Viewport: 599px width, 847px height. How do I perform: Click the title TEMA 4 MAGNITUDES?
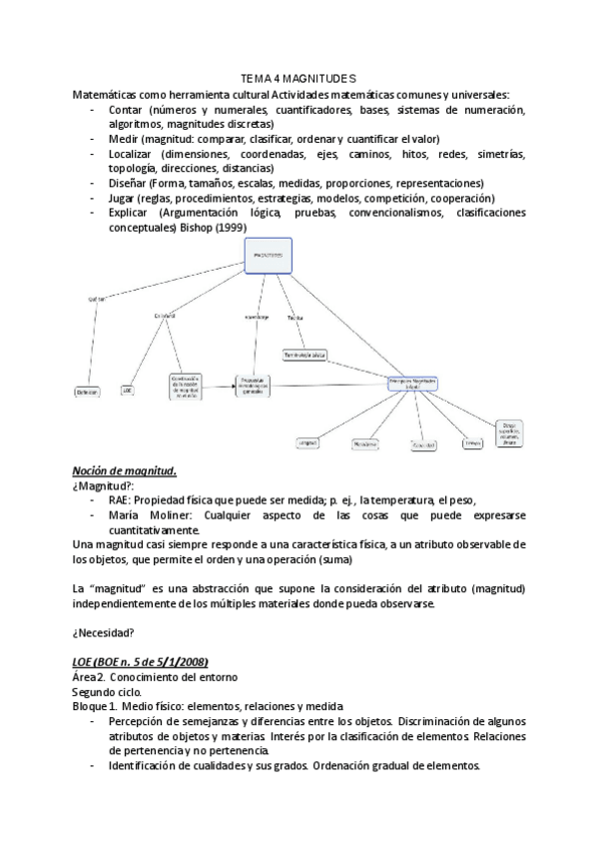pyautogui.click(x=299, y=78)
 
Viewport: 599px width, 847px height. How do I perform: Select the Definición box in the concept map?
pyautogui.click(x=88, y=393)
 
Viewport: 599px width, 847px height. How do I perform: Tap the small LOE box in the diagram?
pyautogui.click(x=128, y=391)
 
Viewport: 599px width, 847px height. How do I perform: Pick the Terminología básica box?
pyautogui.click(x=304, y=355)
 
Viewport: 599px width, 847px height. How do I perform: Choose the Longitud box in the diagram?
pyautogui.click(x=307, y=441)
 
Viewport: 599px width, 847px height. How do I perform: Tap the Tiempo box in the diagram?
pyautogui.click(x=472, y=442)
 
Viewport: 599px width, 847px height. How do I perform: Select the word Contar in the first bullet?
pyautogui.click(x=126, y=110)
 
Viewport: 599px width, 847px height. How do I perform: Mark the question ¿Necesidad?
pyautogui.click(x=105, y=632)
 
